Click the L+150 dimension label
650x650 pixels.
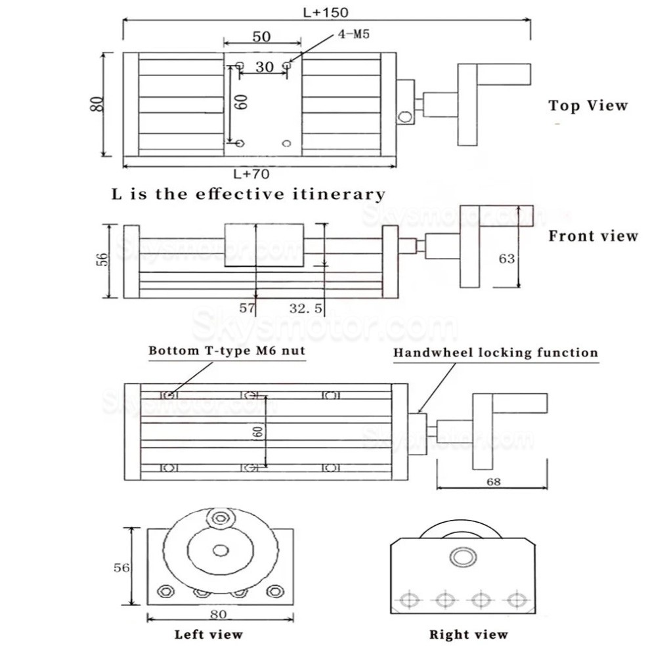326,12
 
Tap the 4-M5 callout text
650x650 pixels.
354,34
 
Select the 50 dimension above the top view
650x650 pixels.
261,37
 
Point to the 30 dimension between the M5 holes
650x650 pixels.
265,67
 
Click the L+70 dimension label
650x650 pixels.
251,174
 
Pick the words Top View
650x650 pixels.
588,106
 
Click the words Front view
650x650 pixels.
594,236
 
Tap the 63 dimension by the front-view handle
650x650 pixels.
507,259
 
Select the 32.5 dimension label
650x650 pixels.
305,308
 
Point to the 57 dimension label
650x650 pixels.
247,308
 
